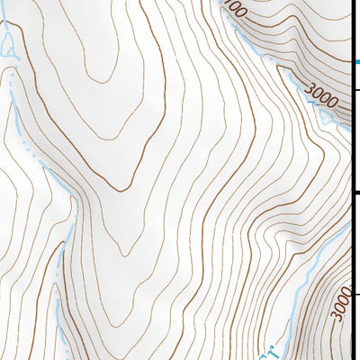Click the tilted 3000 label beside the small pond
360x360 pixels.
321,94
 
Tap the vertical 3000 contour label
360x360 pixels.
339,301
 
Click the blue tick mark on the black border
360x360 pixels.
355,61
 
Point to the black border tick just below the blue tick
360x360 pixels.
355,90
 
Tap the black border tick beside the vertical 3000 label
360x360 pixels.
355,294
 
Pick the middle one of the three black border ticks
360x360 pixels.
355,192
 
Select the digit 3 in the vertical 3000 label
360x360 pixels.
339,314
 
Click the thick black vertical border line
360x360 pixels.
350,180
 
